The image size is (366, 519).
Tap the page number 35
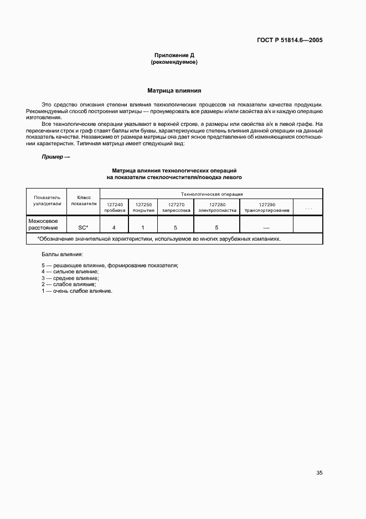pos(319,473)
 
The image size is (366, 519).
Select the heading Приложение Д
pos(174,55)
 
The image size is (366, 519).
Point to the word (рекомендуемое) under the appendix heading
pos(174,62)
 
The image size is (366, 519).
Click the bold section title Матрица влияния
pos(174,90)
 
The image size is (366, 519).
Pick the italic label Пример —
pos(56,157)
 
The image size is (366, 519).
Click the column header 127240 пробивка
pos(114,207)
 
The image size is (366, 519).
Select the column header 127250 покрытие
pos(143,207)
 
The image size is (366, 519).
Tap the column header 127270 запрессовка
pos(176,207)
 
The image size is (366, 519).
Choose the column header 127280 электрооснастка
pos(217,207)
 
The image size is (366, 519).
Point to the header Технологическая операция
pos(211,194)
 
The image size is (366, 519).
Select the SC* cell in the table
pos(83,227)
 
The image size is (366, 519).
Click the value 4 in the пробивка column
pos(114,227)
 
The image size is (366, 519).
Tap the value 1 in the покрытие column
pos(143,227)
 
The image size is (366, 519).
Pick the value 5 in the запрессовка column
pos(176,227)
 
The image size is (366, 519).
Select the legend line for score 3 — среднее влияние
pos(69,278)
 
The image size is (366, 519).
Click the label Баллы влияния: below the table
pos(61,254)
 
